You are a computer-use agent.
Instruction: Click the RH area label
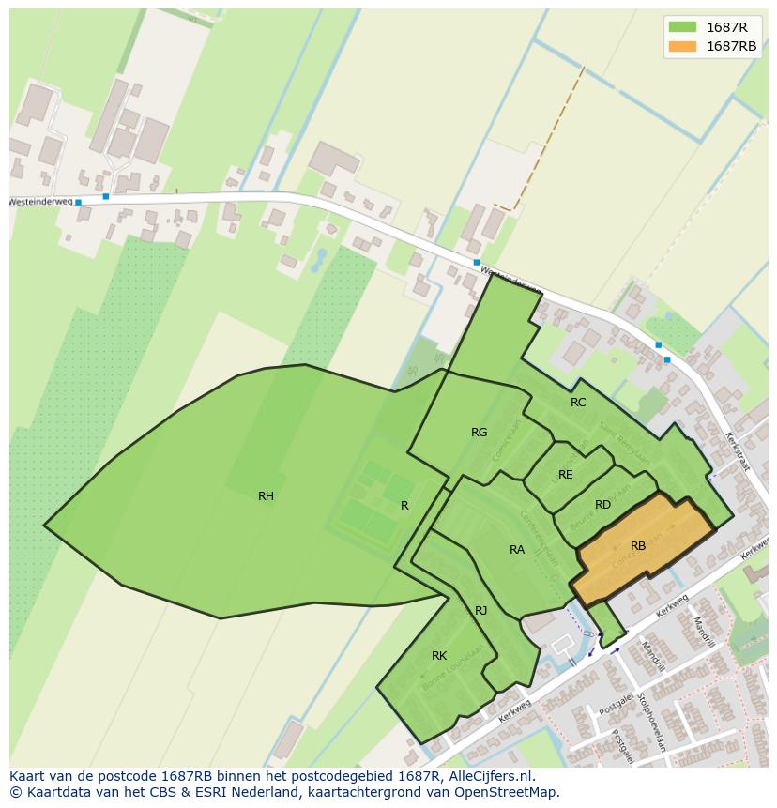click(x=266, y=496)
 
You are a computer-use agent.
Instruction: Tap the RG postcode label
click(x=479, y=433)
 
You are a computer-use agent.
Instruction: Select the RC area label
click(x=578, y=403)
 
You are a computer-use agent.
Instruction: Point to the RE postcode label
click(x=565, y=475)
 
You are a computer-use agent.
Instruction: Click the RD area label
click(x=602, y=505)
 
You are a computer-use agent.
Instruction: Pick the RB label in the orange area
click(x=638, y=546)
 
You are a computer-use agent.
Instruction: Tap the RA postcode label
click(x=517, y=550)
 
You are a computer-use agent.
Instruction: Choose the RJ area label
click(x=480, y=611)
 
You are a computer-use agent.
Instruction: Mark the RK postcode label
click(x=438, y=656)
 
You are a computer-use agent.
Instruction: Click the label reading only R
click(x=404, y=506)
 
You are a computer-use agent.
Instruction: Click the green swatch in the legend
click(x=682, y=27)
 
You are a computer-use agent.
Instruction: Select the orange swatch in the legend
click(x=682, y=46)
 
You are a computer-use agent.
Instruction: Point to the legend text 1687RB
click(x=731, y=46)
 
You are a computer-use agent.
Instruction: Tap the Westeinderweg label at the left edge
click(x=39, y=202)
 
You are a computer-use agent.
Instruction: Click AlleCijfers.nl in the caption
click(x=489, y=776)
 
